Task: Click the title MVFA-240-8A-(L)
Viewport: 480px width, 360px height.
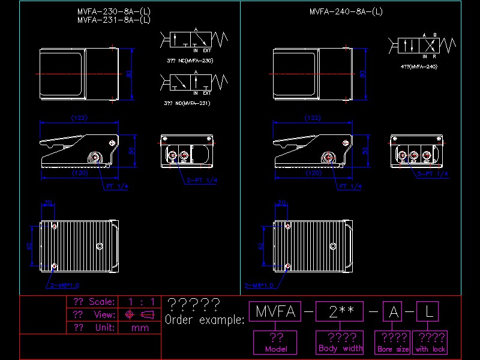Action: tap(346, 11)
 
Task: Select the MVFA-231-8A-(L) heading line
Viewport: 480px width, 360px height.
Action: tap(114, 20)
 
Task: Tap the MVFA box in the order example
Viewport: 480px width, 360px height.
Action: tap(275, 311)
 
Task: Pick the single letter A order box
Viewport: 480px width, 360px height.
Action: tap(394, 311)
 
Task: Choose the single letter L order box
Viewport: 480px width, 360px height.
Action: tap(428, 311)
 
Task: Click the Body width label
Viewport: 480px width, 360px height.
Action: tap(340, 348)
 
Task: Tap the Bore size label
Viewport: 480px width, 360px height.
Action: tap(393, 349)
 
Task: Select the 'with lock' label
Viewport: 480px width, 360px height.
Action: tap(430, 349)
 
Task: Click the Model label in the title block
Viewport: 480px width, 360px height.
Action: tap(276, 349)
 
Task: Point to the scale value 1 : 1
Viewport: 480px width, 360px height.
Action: tap(140, 302)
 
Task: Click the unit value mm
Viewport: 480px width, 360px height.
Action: tap(140, 328)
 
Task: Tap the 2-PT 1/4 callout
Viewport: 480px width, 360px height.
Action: tap(201, 180)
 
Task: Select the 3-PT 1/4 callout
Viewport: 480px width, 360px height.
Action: tap(433, 174)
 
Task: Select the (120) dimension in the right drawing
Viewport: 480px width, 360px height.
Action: tap(313, 173)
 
